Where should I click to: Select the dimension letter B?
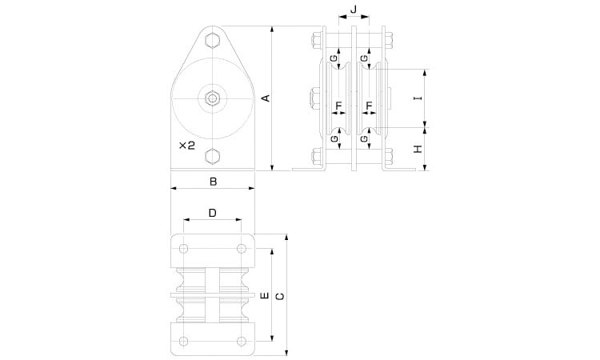pyautogui.click(x=213, y=182)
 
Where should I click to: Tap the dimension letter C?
pyautogui.click(x=280, y=297)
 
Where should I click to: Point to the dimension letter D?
pyautogui.click(x=212, y=213)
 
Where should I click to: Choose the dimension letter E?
pyautogui.click(x=265, y=296)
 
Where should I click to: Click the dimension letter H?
pyautogui.click(x=418, y=149)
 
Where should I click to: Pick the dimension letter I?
pyautogui.click(x=419, y=98)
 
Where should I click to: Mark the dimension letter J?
pyautogui.click(x=354, y=9)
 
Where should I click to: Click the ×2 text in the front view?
pyautogui.click(x=187, y=146)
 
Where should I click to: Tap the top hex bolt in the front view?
pyautogui.click(x=212, y=40)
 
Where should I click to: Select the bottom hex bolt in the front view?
pyautogui.click(x=212, y=156)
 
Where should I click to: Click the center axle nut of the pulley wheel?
pyautogui.click(x=212, y=98)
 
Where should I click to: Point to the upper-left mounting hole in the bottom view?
pyautogui.click(x=184, y=249)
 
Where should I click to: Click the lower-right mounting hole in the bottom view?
pyautogui.click(x=241, y=342)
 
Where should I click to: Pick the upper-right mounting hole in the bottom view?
pyautogui.click(x=241, y=249)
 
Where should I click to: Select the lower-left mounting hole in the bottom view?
pyautogui.click(x=184, y=342)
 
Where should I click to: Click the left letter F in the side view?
pyautogui.click(x=338, y=106)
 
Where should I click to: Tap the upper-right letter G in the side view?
pyautogui.click(x=364, y=58)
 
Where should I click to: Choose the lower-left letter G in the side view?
pyautogui.click(x=334, y=138)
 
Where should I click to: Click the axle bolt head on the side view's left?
pyautogui.click(x=315, y=98)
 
